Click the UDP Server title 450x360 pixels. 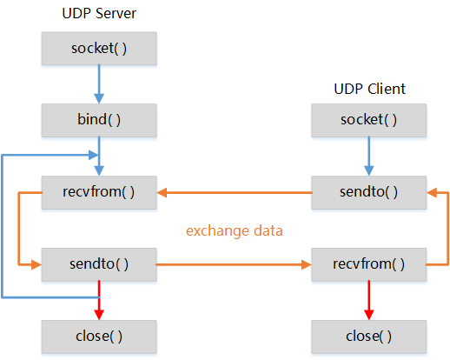(x=99, y=13)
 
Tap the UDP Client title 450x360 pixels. (x=369, y=89)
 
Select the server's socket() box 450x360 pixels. (x=99, y=49)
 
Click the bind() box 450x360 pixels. (x=99, y=120)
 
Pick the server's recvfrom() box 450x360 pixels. (x=99, y=192)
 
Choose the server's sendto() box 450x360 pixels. (x=99, y=264)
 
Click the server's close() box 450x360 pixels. (x=99, y=337)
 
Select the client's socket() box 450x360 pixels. (x=369, y=120)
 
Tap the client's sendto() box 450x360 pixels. (x=369, y=192)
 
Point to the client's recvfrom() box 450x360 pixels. (x=369, y=264)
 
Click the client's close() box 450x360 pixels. (x=369, y=337)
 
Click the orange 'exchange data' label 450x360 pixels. (x=235, y=231)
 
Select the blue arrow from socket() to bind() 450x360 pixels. (x=99, y=84)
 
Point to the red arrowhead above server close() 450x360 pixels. (x=99, y=315)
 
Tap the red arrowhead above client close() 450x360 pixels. (x=369, y=315)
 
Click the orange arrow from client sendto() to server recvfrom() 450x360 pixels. (x=235, y=192)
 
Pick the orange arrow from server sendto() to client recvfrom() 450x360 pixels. (x=234, y=264)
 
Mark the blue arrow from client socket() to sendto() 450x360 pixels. (x=369, y=157)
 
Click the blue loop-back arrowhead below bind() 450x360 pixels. (x=94, y=155)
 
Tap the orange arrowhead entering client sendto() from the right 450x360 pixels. (x=432, y=192)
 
